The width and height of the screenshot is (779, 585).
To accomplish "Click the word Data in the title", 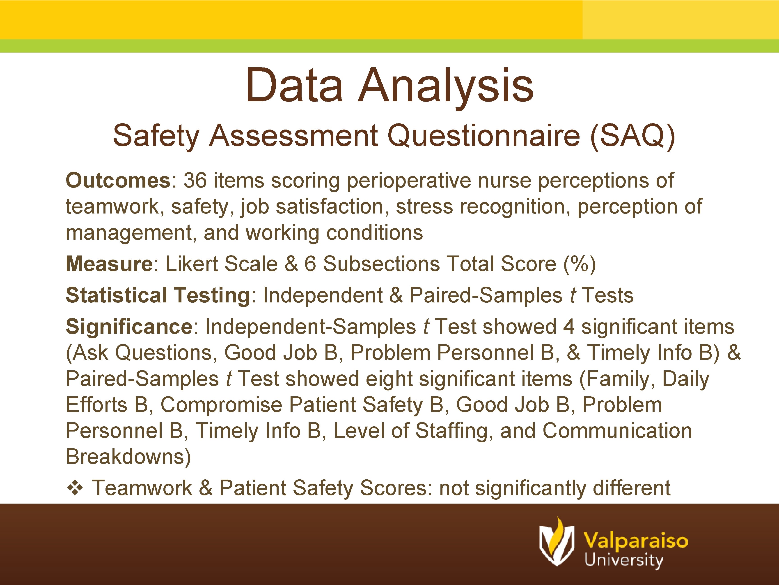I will [x=294, y=86].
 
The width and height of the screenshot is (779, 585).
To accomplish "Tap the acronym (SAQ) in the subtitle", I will [x=633, y=136].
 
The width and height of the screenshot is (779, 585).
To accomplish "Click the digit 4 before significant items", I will [x=569, y=327].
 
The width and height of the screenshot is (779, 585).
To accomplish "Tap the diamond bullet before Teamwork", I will [x=75, y=488].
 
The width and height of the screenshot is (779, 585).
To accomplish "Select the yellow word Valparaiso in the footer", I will [x=636, y=540].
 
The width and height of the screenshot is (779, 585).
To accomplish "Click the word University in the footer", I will [x=623, y=560].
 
